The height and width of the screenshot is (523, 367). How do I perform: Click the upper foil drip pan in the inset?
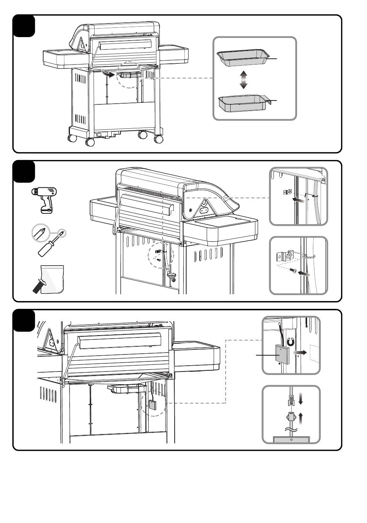point(243,58)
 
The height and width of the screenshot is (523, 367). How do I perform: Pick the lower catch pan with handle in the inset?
point(243,103)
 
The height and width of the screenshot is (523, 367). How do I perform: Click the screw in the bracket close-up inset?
point(294,272)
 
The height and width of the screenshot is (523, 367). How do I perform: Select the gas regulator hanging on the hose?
point(172,276)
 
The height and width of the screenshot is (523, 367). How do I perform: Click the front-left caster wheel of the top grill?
point(90,142)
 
